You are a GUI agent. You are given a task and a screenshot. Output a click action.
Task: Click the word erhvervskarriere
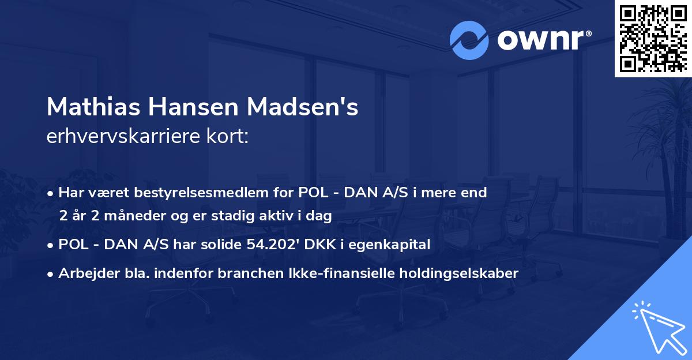(122, 137)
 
